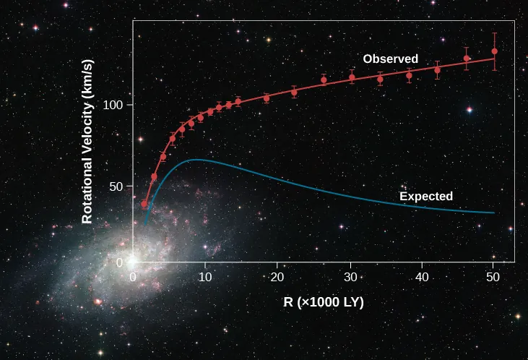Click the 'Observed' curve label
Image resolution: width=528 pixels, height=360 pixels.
point(390,59)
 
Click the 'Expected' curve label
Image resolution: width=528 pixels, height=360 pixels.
point(426,196)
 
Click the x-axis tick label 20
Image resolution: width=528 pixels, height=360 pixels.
point(277,277)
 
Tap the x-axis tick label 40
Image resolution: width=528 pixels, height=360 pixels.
point(421,277)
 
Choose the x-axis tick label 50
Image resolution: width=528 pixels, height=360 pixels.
point(493,277)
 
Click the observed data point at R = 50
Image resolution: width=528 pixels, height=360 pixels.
point(494,51)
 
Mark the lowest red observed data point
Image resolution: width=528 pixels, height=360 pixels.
point(144,205)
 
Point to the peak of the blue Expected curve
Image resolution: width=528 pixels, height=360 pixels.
point(193,160)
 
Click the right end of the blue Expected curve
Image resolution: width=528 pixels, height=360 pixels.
point(494,213)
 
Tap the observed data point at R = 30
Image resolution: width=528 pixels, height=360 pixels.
point(352,77)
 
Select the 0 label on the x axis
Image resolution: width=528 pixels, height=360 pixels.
point(133,277)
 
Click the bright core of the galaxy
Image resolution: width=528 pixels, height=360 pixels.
point(132,260)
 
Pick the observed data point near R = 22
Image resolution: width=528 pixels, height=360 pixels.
point(294,92)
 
